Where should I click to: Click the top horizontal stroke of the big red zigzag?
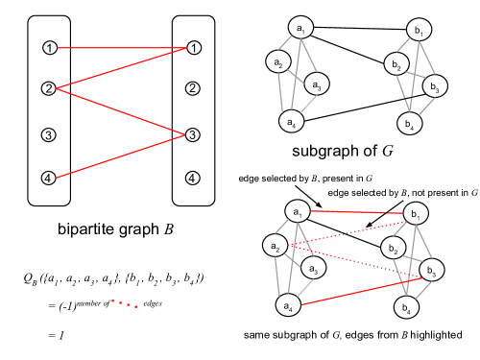[x=120, y=48]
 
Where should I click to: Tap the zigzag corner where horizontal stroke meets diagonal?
[x=185, y=48]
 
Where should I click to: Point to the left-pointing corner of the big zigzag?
[x=57, y=88]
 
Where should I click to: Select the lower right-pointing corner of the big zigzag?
[x=184, y=134]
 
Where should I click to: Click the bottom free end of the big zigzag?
[x=57, y=178]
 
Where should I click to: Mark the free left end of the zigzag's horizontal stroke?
[x=58, y=48]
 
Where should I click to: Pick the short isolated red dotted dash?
[x=125, y=304]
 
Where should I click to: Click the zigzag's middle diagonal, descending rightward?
[x=120, y=111]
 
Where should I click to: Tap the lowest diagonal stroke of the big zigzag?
[x=120, y=156]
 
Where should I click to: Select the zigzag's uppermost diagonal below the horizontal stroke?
[x=120, y=68]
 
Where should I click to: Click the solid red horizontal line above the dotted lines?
[x=355, y=212]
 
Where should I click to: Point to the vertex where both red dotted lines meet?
[x=289, y=246]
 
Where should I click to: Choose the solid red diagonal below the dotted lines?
[x=361, y=291]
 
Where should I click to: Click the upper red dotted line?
[x=348, y=233]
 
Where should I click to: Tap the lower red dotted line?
[x=355, y=262]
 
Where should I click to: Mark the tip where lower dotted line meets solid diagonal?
[x=421, y=278]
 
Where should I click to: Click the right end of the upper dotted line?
[x=405, y=222]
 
